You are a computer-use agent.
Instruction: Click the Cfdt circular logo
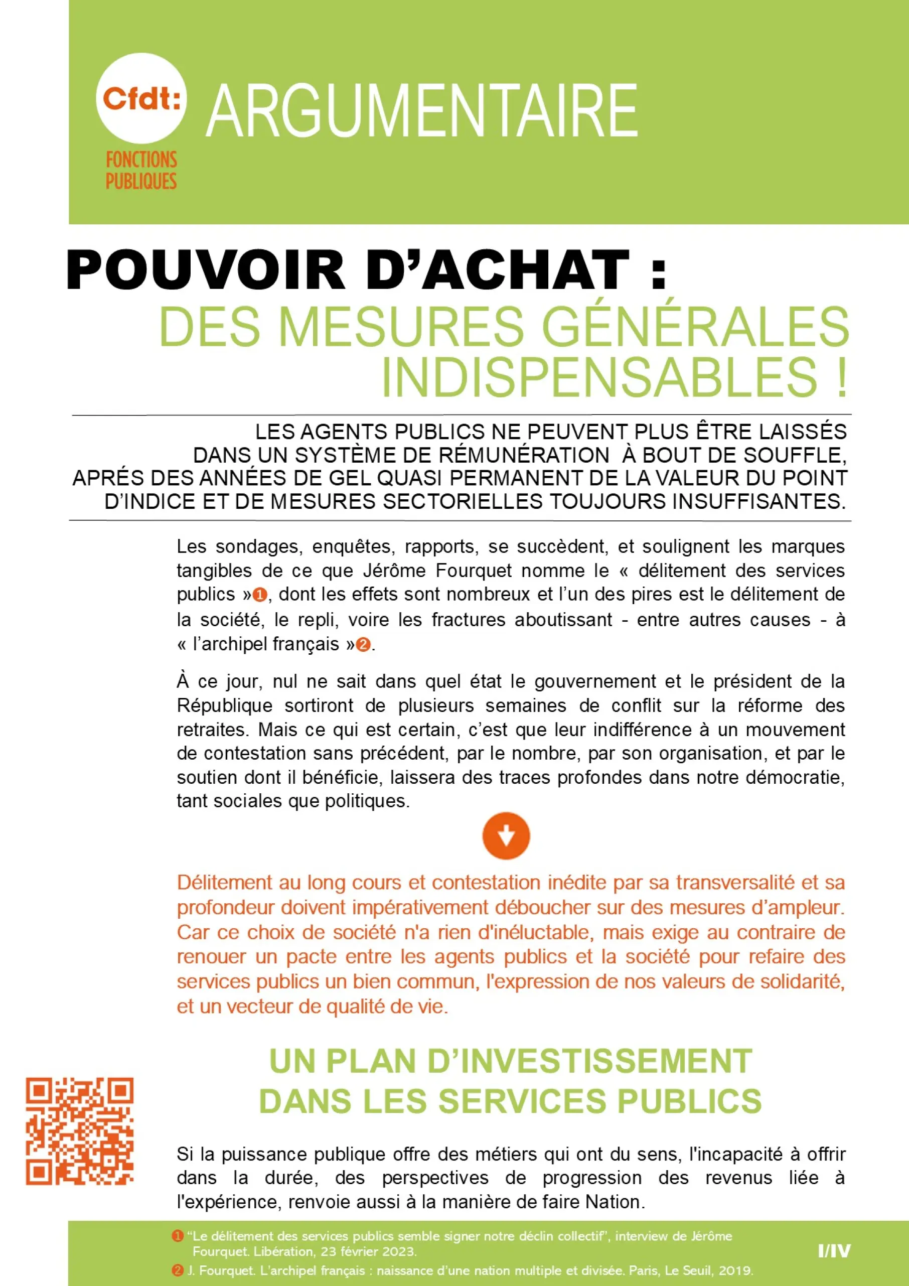(140, 98)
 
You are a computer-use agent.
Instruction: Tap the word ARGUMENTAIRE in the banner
(422, 111)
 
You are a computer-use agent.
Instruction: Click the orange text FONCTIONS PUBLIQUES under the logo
(141, 170)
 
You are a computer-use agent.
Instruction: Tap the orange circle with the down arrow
(506, 836)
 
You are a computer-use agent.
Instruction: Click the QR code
(80, 1130)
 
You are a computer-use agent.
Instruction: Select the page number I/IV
(834, 1251)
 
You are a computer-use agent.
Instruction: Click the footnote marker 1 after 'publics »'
(260, 595)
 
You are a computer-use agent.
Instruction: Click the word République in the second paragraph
(225, 706)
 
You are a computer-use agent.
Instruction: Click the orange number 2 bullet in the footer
(178, 1270)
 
